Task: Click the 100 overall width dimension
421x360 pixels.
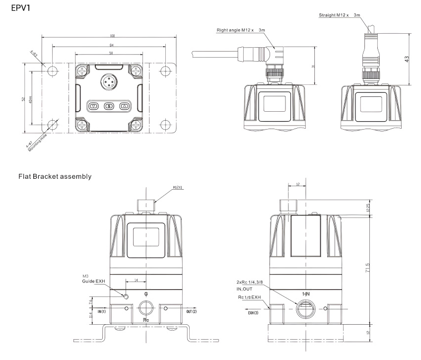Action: [112, 36]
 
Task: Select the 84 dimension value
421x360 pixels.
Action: [110, 46]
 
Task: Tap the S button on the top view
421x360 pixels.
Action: [110, 106]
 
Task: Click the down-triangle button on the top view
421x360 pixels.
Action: [94, 106]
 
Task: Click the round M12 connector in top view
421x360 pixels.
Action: [110, 81]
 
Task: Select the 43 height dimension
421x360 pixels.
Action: [406, 59]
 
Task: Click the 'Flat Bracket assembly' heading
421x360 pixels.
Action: [55, 176]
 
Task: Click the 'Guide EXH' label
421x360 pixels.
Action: [94, 281]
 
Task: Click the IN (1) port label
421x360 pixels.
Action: [102, 311]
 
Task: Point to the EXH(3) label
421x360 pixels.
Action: [253, 313]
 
